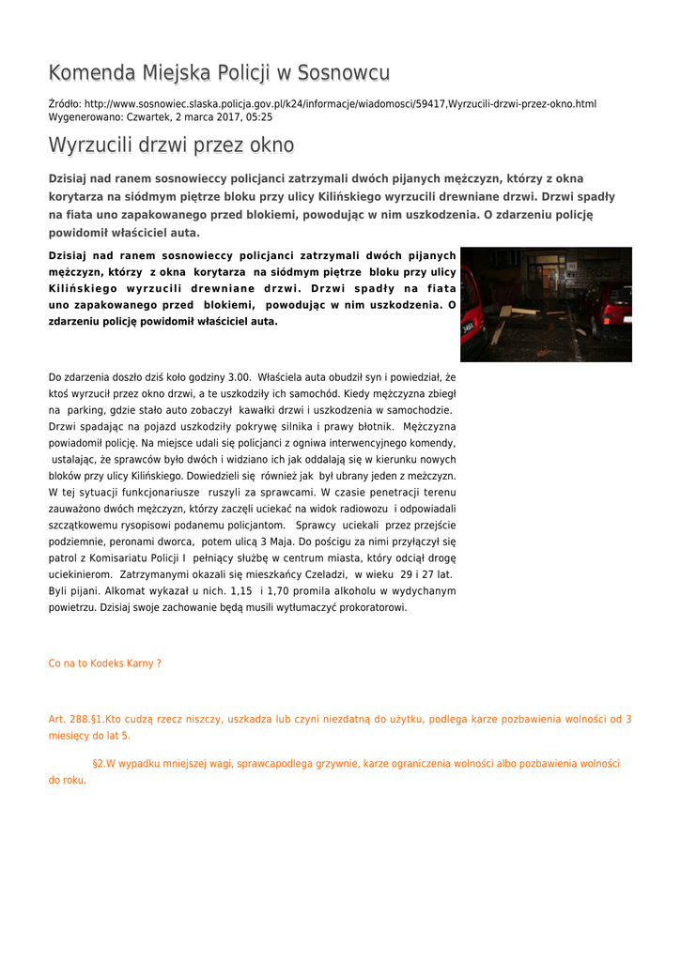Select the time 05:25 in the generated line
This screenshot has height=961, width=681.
pos(259,117)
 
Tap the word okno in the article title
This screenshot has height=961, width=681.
pos(271,145)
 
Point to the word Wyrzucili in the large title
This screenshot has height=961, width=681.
pos(90,145)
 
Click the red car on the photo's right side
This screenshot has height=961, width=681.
pos(611,307)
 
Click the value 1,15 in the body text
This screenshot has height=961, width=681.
pos(241,591)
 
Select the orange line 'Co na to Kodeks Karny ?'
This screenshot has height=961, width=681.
pos(105,664)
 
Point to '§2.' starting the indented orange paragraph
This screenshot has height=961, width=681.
pos(99,764)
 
